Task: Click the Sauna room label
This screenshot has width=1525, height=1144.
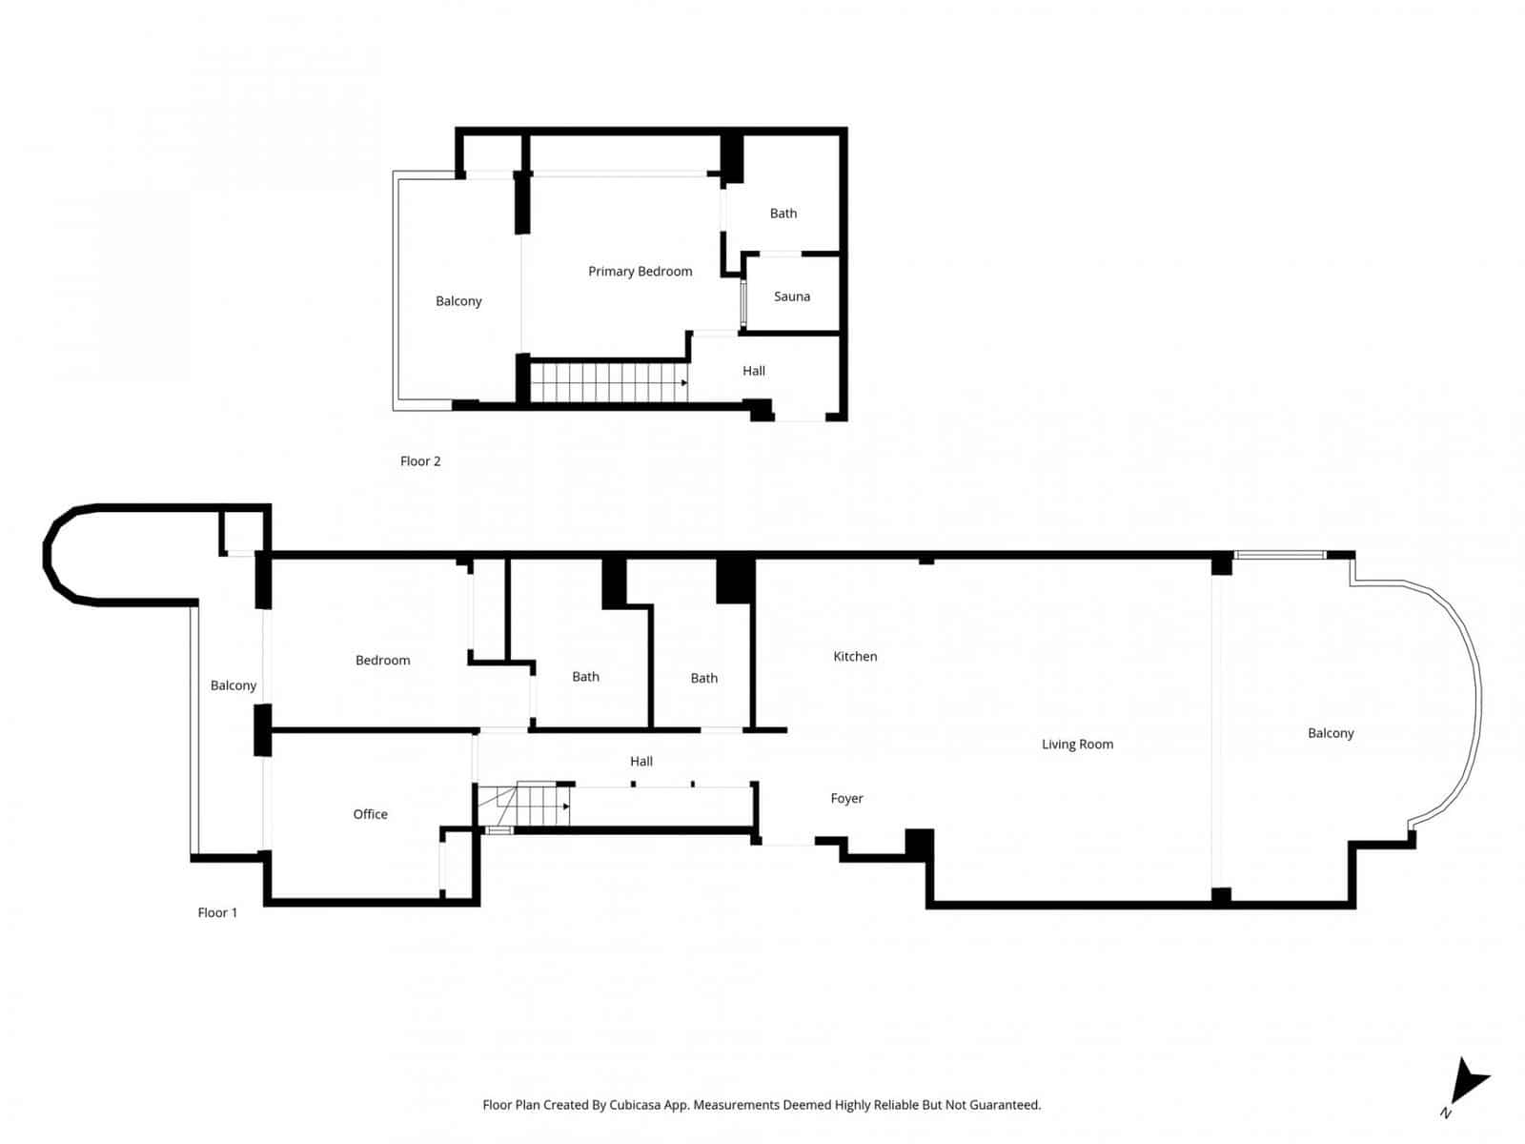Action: coord(791,296)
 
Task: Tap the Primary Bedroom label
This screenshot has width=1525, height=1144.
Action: coord(640,272)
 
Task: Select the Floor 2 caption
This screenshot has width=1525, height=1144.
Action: coord(419,461)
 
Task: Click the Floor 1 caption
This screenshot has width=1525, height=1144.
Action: coord(217,912)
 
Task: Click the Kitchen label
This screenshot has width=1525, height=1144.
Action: coord(855,656)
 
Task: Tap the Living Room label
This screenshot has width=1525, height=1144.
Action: coord(1077,745)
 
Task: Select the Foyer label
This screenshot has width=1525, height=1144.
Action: coord(846,799)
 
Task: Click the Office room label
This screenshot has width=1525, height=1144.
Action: coord(370,814)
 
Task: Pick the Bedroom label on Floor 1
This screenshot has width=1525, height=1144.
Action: coord(382,660)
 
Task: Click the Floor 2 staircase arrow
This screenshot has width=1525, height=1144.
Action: coord(683,383)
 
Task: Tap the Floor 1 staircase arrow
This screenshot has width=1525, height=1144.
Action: coord(566,807)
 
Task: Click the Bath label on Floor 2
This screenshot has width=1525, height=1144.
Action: coord(783,214)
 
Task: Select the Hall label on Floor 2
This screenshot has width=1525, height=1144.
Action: coord(753,371)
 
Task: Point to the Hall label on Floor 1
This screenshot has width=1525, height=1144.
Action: coord(640,761)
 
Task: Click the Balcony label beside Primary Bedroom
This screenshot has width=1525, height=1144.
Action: coord(458,301)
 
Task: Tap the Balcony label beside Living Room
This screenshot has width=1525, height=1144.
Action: coord(1331,733)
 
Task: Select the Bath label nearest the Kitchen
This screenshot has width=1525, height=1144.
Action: coord(703,678)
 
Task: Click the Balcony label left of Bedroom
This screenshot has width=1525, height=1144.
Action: coord(234,685)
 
